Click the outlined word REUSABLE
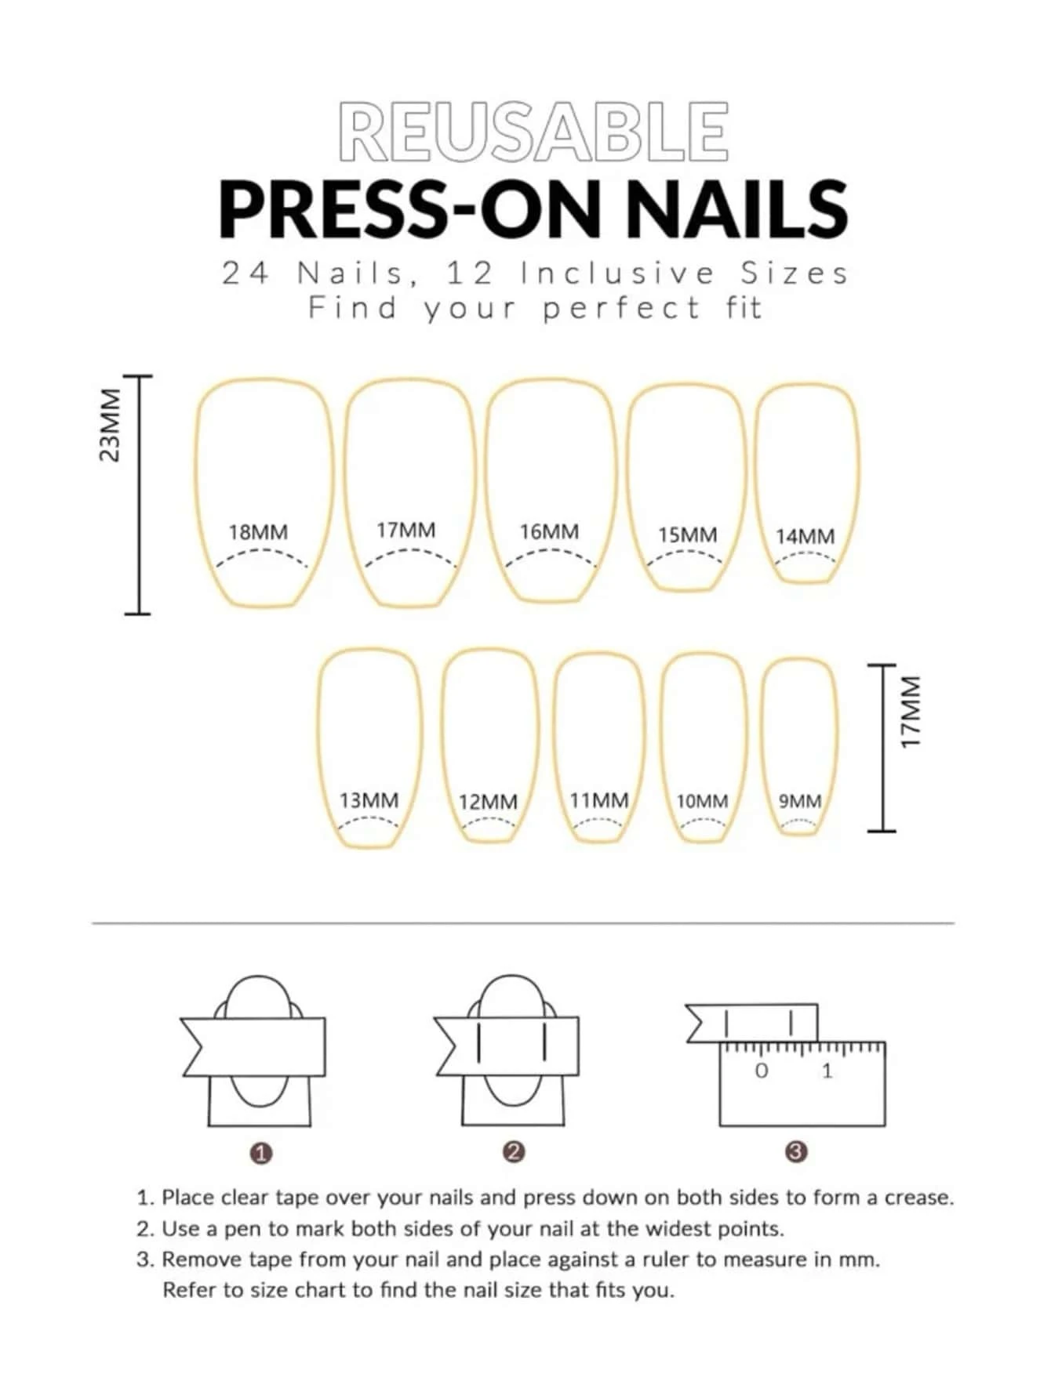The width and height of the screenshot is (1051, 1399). pyautogui.click(x=534, y=132)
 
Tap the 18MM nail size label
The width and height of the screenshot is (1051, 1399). pyautogui.click(x=258, y=532)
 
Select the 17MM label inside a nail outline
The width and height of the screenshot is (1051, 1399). pyautogui.click(x=405, y=531)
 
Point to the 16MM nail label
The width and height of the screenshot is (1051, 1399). pyautogui.click(x=549, y=532)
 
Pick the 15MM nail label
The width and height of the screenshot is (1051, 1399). pyautogui.click(x=687, y=535)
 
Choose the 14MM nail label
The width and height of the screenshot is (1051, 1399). pyautogui.click(x=805, y=537)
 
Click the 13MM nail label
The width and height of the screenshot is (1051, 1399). pyautogui.click(x=369, y=800)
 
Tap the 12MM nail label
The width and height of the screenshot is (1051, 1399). pyautogui.click(x=488, y=803)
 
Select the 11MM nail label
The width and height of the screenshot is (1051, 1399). pyautogui.click(x=599, y=800)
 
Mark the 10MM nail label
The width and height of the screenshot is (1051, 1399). pyautogui.click(x=702, y=802)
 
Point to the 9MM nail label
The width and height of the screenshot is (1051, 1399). pyautogui.click(x=800, y=802)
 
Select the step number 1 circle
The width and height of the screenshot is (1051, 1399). pyautogui.click(x=261, y=1154)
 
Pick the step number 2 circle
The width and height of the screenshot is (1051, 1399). pyautogui.click(x=514, y=1152)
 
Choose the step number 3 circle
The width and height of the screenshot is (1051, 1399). pyautogui.click(x=795, y=1152)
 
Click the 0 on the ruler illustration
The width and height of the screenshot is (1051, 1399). pyautogui.click(x=762, y=1071)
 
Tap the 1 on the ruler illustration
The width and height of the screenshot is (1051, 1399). pyautogui.click(x=827, y=1071)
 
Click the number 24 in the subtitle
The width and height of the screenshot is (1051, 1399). pyautogui.click(x=246, y=274)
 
